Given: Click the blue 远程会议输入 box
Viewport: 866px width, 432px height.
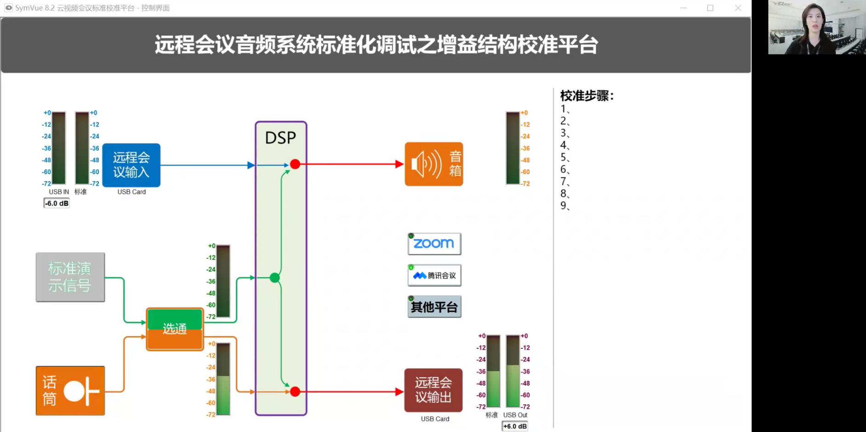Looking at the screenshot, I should pyautogui.click(x=131, y=165).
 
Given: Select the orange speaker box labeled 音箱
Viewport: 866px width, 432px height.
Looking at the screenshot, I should pyautogui.click(x=433, y=164).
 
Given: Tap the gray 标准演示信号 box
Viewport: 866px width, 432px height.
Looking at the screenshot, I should pyautogui.click(x=70, y=277).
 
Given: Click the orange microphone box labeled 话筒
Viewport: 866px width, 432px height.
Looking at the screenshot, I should pyautogui.click(x=70, y=391).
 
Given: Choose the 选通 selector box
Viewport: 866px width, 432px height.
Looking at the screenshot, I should pyautogui.click(x=175, y=329).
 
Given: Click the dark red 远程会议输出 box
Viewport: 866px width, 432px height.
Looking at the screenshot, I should pyautogui.click(x=433, y=390).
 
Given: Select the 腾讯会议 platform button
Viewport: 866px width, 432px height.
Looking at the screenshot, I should pyautogui.click(x=434, y=275).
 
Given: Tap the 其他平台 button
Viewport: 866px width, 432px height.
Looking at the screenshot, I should pyautogui.click(x=434, y=307).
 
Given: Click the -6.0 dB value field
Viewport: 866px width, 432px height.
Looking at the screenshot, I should pyautogui.click(x=57, y=203).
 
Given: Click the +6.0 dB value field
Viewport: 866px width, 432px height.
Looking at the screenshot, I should pyautogui.click(x=515, y=426).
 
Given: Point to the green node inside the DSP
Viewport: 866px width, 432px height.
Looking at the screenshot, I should pyautogui.click(x=274, y=278).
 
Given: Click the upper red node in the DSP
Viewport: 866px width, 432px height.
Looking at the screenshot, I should pyautogui.click(x=295, y=164).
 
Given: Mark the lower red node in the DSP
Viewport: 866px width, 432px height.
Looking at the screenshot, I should pyautogui.click(x=295, y=392).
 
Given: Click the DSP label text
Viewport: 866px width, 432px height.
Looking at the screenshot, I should pyautogui.click(x=280, y=137).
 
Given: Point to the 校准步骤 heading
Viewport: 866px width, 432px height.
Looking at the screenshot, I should pyautogui.click(x=587, y=96).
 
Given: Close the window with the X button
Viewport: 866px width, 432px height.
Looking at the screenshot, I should pyautogui.click(x=738, y=8).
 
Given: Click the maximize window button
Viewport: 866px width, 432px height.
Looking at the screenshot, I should pyautogui.click(x=710, y=8).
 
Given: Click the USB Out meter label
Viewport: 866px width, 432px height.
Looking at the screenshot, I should pyautogui.click(x=515, y=415).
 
